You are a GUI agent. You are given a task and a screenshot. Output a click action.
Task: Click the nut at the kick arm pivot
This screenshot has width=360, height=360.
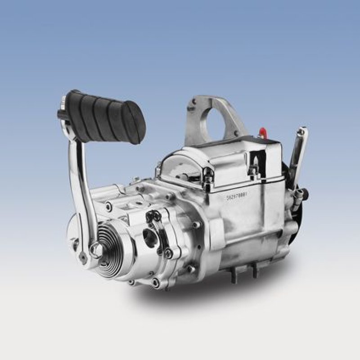[x=95, y=249]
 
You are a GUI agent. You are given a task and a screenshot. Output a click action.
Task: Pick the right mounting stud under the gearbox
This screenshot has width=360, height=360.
[x=255, y=270]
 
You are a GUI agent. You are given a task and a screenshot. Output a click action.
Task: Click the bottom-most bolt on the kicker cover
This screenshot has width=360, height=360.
[x=156, y=283]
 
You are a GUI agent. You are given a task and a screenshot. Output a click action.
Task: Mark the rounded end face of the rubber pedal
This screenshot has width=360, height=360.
[x=135, y=128]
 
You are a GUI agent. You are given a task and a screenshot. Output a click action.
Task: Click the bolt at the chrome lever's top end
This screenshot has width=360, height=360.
[x=303, y=132]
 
